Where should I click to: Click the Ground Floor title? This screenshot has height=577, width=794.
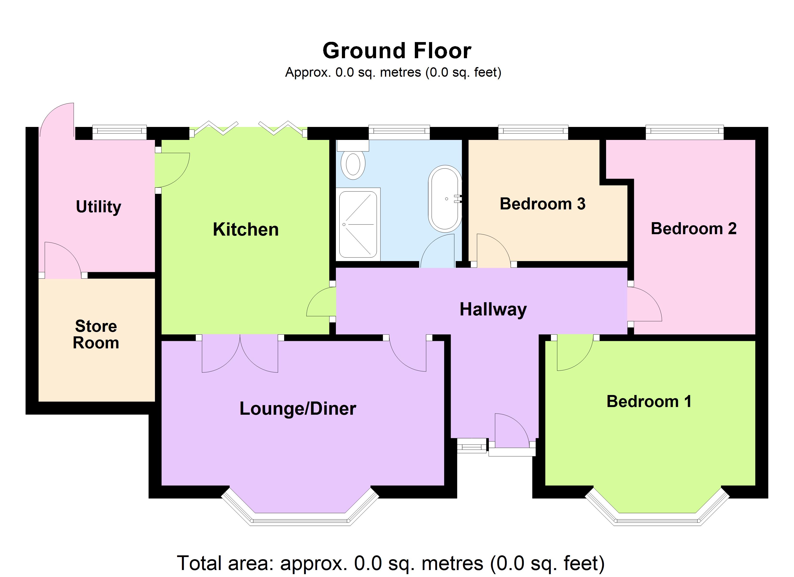397,51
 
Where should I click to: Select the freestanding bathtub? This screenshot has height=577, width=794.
445,199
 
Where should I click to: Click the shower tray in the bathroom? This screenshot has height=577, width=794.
358,224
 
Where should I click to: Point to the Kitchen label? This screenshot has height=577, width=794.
246,230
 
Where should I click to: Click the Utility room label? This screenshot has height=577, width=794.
98,207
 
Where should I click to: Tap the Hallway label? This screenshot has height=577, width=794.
493,309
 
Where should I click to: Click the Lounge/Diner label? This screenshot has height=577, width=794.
298,408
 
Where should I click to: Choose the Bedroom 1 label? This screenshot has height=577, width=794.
649,401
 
